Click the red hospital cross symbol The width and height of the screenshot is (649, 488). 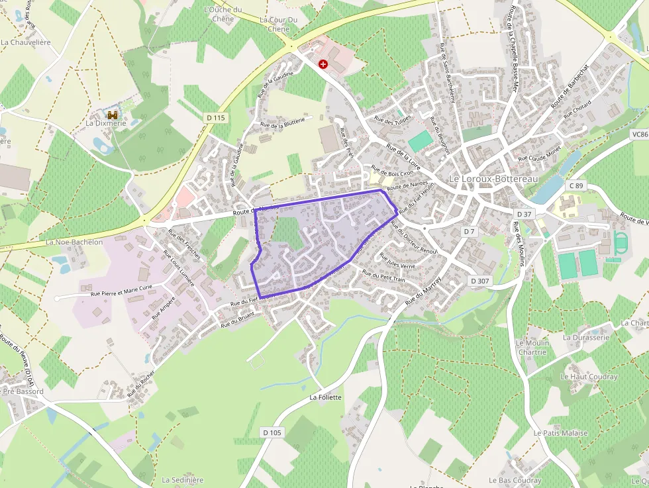pyautogui.click(x=323, y=64)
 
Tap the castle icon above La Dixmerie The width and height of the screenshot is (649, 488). pyautogui.click(x=113, y=115)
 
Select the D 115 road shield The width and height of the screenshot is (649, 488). pyautogui.click(x=216, y=117)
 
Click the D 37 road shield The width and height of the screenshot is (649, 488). pyautogui.click(x=524, y=214)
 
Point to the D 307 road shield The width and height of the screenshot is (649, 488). pyautogui.click(x=479, y=281)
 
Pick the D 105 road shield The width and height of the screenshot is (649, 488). pyautogui.click(x=272, y=432)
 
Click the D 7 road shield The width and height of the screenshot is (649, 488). pyautogui.click(x=469, y=231)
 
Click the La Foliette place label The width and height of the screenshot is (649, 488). pyautogui.click(x=325, y=397)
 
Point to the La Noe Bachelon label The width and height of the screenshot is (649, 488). pyautogui.click(x=74, y=242)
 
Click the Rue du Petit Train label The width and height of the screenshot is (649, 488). pyautogui.click(x=383, y=277)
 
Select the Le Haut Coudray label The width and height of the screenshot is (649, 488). pyautogui.click(x=589, y=377)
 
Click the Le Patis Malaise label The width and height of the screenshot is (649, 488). pyautogui.click(x=560, y=433)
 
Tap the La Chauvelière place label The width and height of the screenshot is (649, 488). pyautogui.click(x=26, y=42)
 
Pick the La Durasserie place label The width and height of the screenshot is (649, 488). pyautogui.click(x=585, y=337)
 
